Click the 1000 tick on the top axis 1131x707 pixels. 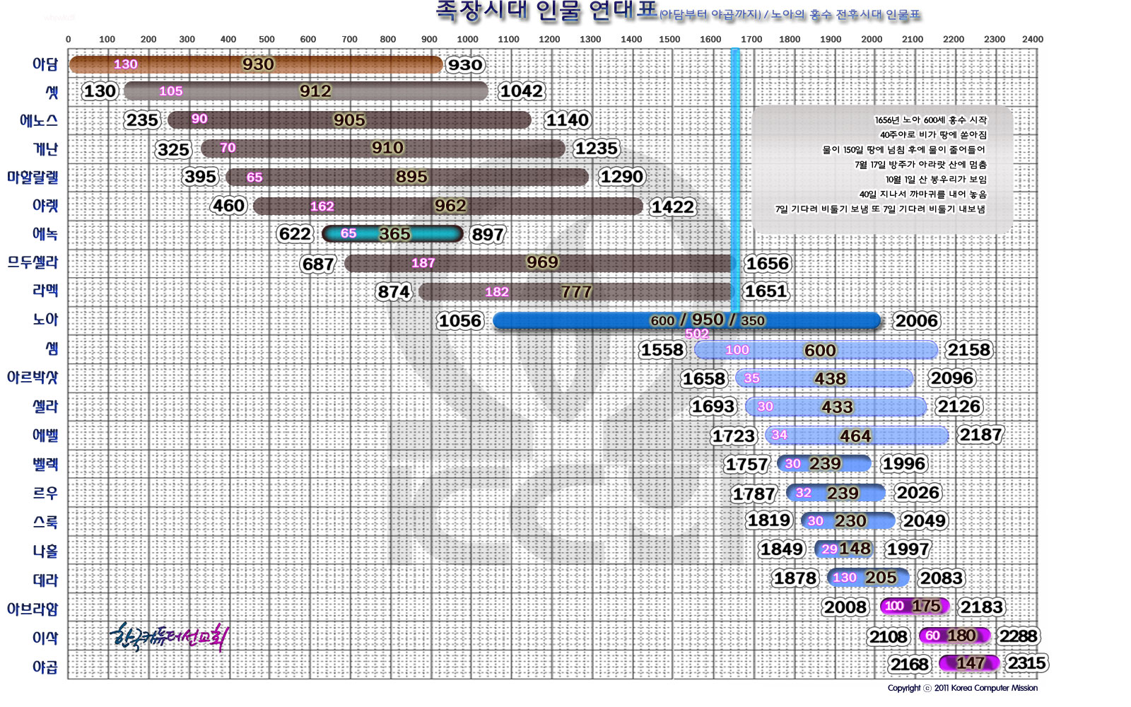tap(467, 40)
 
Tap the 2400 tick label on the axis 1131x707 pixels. tap(1032, 40)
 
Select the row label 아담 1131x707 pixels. tap(45, 64)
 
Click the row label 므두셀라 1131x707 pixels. tap(33, 262)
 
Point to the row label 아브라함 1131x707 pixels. tap(33, 609)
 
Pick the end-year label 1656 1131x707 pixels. tap(768, 264)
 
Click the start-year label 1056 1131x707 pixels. tap(459, 321)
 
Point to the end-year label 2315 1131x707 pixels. tap(1026, 663)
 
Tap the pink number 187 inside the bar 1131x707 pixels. tap(423, 263)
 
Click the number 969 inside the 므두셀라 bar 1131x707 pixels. tap(542, 262)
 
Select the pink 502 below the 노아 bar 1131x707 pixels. tap(696, 334)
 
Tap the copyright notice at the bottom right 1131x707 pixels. tap(963, 688)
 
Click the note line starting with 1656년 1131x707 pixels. tap(930, 120)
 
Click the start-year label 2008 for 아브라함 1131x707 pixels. tap(845, 607)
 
